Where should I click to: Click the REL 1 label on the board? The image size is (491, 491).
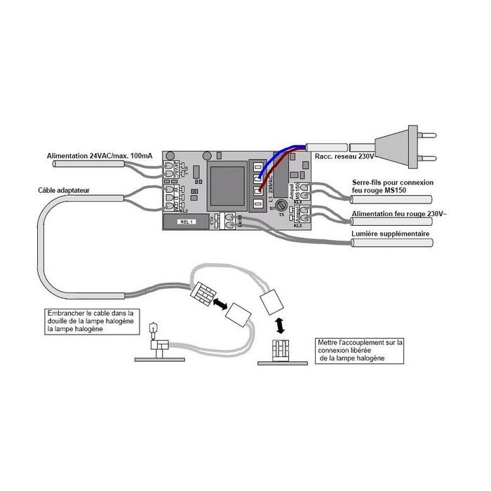(x=185, y=222)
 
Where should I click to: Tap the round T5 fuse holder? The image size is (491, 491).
(x=280, y=206)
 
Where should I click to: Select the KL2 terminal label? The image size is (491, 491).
(x=184, y=210)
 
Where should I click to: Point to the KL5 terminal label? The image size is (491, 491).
(x=298, y=225)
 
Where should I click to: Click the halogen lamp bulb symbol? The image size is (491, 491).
(x=156, y=327)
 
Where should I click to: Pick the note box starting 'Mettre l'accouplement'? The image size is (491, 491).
(x=360, y=350)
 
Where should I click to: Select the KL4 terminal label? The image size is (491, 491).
(x=297, y=202)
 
